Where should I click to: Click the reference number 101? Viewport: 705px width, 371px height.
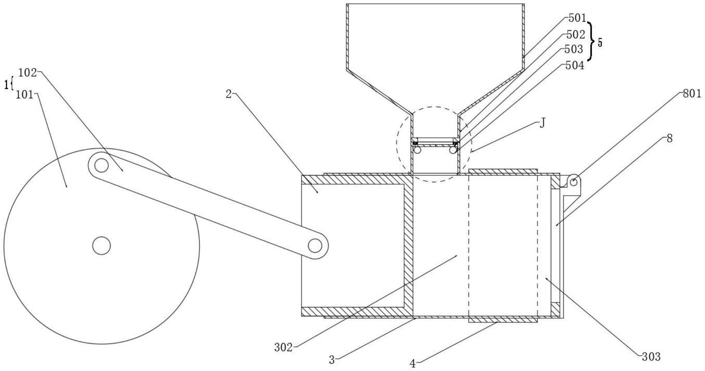pos(24,95)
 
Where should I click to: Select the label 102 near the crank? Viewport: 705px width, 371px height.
pos(28,72)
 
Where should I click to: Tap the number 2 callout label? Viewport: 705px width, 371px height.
pos(228,94)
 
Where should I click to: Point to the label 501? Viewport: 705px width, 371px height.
pos(577,18)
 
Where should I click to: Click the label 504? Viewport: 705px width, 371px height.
pos(575,65)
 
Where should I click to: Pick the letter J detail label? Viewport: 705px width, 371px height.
pos(542,123)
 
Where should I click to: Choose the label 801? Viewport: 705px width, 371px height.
pos(692,94)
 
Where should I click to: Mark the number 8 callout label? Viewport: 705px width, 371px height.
pos(669,139)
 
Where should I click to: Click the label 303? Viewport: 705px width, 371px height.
pos(651,356)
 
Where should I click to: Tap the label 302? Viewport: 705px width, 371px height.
pos(283,347)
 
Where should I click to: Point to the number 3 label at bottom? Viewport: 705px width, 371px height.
pos(332,360)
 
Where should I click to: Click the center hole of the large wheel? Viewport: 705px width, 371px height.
pos(101,245)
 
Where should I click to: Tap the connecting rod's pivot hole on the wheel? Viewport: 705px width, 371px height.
pos(101,165)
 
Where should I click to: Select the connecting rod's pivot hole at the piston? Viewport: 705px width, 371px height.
pos(315,245)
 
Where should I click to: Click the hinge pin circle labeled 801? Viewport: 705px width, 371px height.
pos(573,182)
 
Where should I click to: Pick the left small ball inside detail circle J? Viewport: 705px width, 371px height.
pos(417,150)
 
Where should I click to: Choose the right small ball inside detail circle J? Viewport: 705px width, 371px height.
pos(453,150)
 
